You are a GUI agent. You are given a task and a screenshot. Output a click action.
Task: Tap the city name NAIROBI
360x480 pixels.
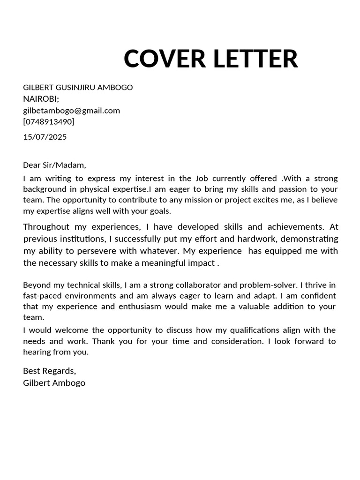[41, 98]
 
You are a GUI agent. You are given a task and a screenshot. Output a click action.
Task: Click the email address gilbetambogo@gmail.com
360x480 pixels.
[71, 111]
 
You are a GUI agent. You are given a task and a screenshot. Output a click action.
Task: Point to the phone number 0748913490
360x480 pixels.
[49, 122]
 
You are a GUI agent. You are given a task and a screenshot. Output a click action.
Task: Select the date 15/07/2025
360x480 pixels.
[45, 137]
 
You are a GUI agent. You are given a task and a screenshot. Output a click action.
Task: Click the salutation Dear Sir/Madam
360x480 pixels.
[54, 165]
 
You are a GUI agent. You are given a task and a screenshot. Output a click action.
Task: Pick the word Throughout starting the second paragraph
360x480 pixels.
[47, 227]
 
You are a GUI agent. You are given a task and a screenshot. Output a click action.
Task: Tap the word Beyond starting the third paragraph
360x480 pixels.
[36, 285]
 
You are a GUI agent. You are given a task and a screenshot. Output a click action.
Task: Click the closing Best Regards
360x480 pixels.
[49, 371]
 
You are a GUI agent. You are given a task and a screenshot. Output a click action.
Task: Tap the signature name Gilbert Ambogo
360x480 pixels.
[54, 382]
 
